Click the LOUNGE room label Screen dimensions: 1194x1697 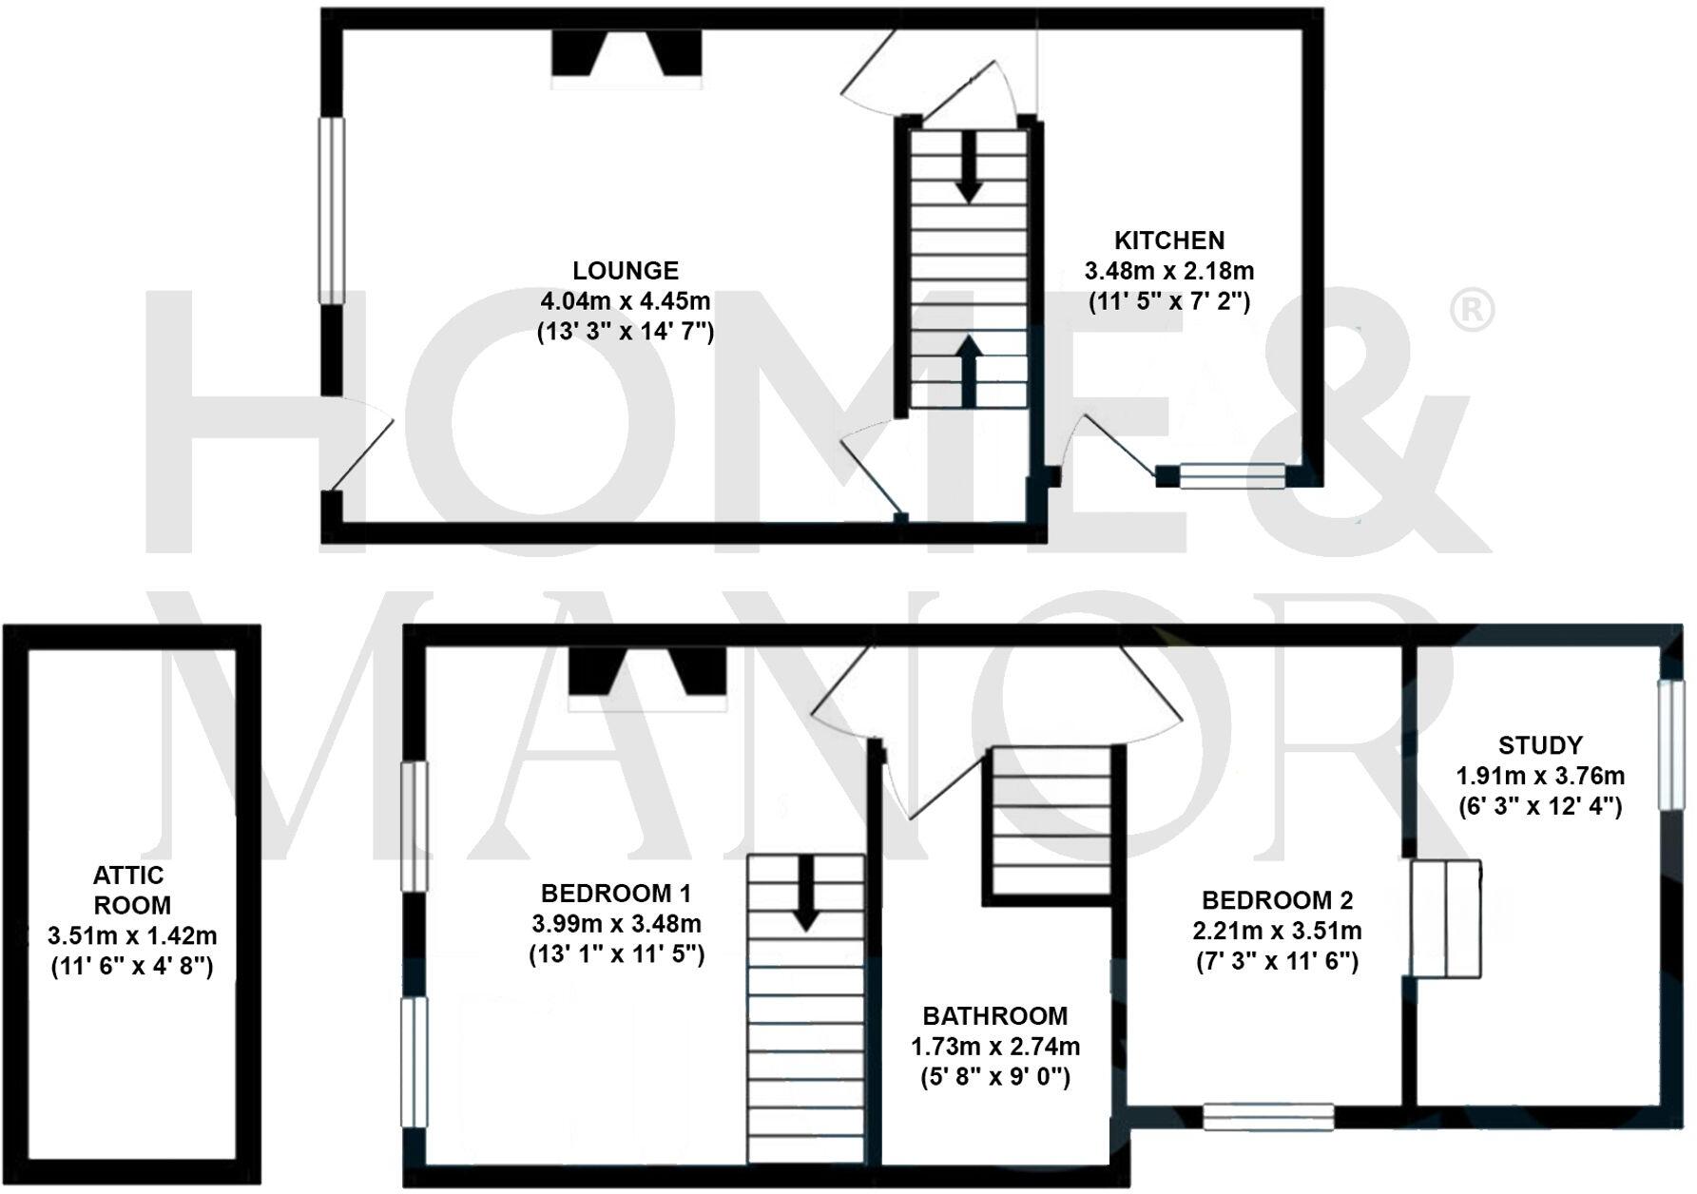coord(626,271)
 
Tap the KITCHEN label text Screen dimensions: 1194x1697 coord(1169,241)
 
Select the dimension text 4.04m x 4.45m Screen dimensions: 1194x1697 coord(626,302)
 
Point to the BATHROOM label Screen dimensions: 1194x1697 coord(994,1016)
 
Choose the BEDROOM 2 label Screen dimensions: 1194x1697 coord(1277,900)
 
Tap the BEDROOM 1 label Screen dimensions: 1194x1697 coord(615,894)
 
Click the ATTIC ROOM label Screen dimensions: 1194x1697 coord(130,890)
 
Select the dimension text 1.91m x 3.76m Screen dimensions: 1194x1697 coord(1540,776)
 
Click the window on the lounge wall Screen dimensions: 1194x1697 coord(331,210)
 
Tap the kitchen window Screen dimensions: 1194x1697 coord(1232,475)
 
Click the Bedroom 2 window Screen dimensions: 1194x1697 coord(1268,1116)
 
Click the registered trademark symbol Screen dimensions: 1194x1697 coord(1473,310)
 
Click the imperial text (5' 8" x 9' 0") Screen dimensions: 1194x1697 coord(994,1078)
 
